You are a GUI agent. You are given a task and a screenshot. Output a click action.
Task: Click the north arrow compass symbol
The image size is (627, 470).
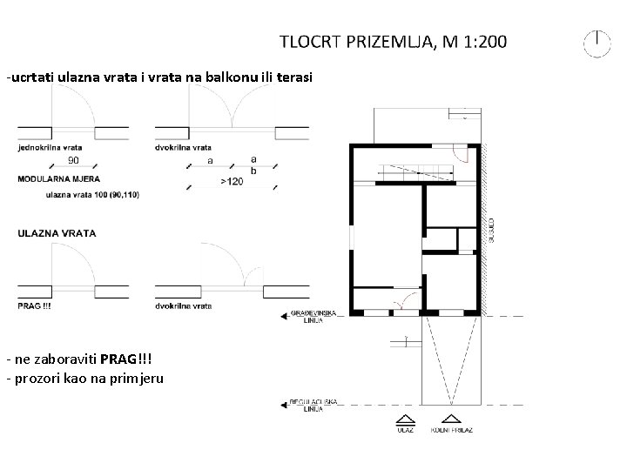click(597, 43)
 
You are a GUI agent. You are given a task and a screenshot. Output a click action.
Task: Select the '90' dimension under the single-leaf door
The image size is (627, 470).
click(74, 160)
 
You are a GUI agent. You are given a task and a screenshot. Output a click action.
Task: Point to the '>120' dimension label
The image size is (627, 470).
click(232, 181)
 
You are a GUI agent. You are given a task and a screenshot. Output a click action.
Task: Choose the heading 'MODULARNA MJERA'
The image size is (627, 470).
click(52, 178)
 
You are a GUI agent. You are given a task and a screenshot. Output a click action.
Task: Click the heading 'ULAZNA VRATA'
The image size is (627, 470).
click(57, 233)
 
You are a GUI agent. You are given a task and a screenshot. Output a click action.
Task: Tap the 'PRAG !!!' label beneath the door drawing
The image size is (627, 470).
click(36, 306)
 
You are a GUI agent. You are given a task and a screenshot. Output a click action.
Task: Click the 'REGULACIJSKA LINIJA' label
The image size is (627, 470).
click(307, 405)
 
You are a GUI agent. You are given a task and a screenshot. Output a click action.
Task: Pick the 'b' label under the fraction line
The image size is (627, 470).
click(253, 171)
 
